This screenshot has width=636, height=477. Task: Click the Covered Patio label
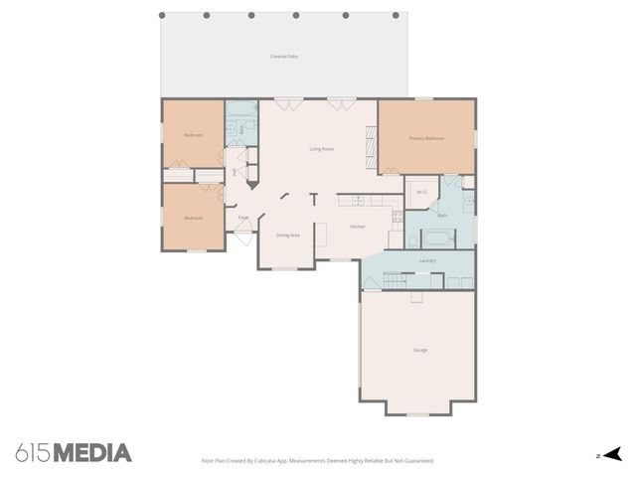coord(284,57)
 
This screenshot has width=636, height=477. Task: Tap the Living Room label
coord(321,149)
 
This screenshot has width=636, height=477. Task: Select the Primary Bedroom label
coord(426,138)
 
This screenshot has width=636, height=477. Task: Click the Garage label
coord(420,350)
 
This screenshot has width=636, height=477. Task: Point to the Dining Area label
coord(288,235)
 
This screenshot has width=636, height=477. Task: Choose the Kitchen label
coord(358,228)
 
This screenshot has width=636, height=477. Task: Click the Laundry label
coord(427,260)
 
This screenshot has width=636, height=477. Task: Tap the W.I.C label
coord(422,192)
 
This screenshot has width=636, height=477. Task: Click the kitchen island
coord(322,233)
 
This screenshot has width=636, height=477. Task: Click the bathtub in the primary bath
coord(438,238)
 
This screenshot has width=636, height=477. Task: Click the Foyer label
coord(243,217)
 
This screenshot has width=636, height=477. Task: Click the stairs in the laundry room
coord(396,282)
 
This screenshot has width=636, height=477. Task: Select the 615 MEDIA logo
coord(74,453)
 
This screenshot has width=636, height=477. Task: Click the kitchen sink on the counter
coord(357,202)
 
